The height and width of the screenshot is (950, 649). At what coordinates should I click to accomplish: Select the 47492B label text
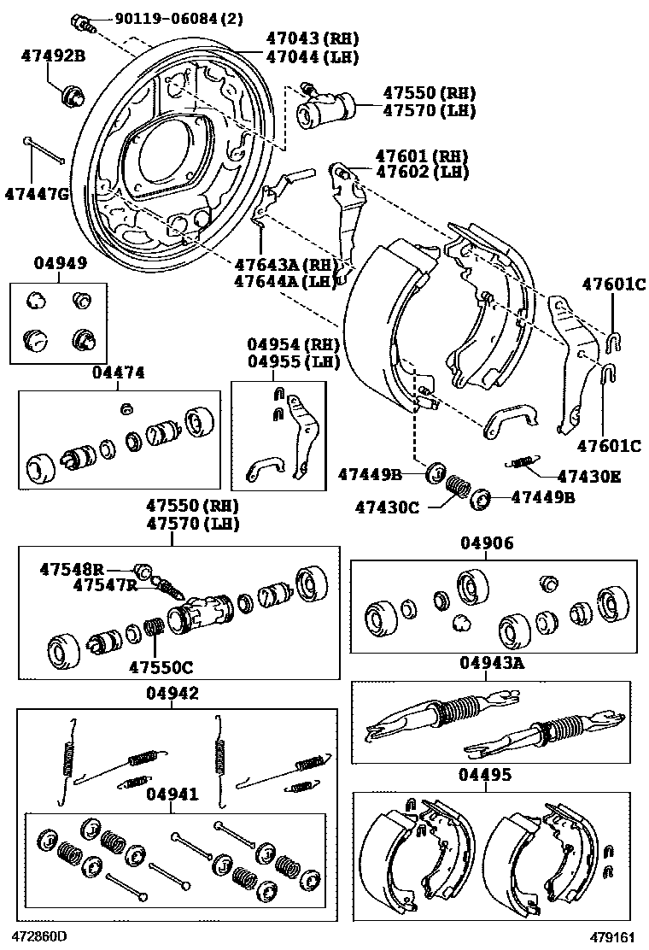click(x=53, y=56)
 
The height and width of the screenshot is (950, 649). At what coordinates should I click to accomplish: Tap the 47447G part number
click(x=35, y=194)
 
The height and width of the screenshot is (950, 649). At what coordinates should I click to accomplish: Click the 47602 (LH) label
click(x=423, y=172)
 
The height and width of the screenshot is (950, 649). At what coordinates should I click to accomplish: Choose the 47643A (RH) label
click(x=283, y=264)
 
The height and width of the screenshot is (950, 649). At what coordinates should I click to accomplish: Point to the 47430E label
click(x=589, y=476)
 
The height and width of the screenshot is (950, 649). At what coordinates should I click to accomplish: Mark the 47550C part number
click(x=161, y=666)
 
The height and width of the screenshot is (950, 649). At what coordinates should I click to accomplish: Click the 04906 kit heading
click(x=487, y=543)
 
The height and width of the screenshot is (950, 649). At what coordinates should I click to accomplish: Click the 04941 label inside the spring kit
click(x=172, y=795)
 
